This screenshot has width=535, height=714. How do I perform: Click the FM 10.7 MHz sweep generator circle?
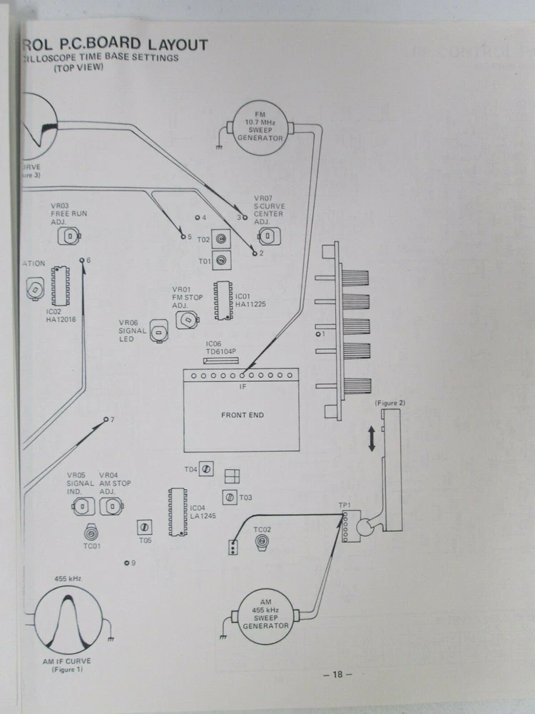(x=259, y=126)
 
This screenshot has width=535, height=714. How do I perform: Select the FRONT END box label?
(x=242, y=415)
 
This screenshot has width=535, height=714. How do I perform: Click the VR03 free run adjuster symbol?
(x=70, y=236)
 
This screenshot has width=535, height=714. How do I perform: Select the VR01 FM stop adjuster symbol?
(x=187, y=320)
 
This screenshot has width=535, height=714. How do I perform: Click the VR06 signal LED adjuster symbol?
(x=160, y=332)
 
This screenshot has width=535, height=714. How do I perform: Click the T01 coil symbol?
(x=223, y=261)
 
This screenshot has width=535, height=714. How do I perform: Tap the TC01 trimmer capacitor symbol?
(x=91, y=533)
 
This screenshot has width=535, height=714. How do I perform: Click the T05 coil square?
(x=144, y=527)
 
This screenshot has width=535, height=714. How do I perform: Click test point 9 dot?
(x=126, y=563)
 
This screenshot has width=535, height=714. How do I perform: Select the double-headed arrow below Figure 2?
(x=371, y=437)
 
